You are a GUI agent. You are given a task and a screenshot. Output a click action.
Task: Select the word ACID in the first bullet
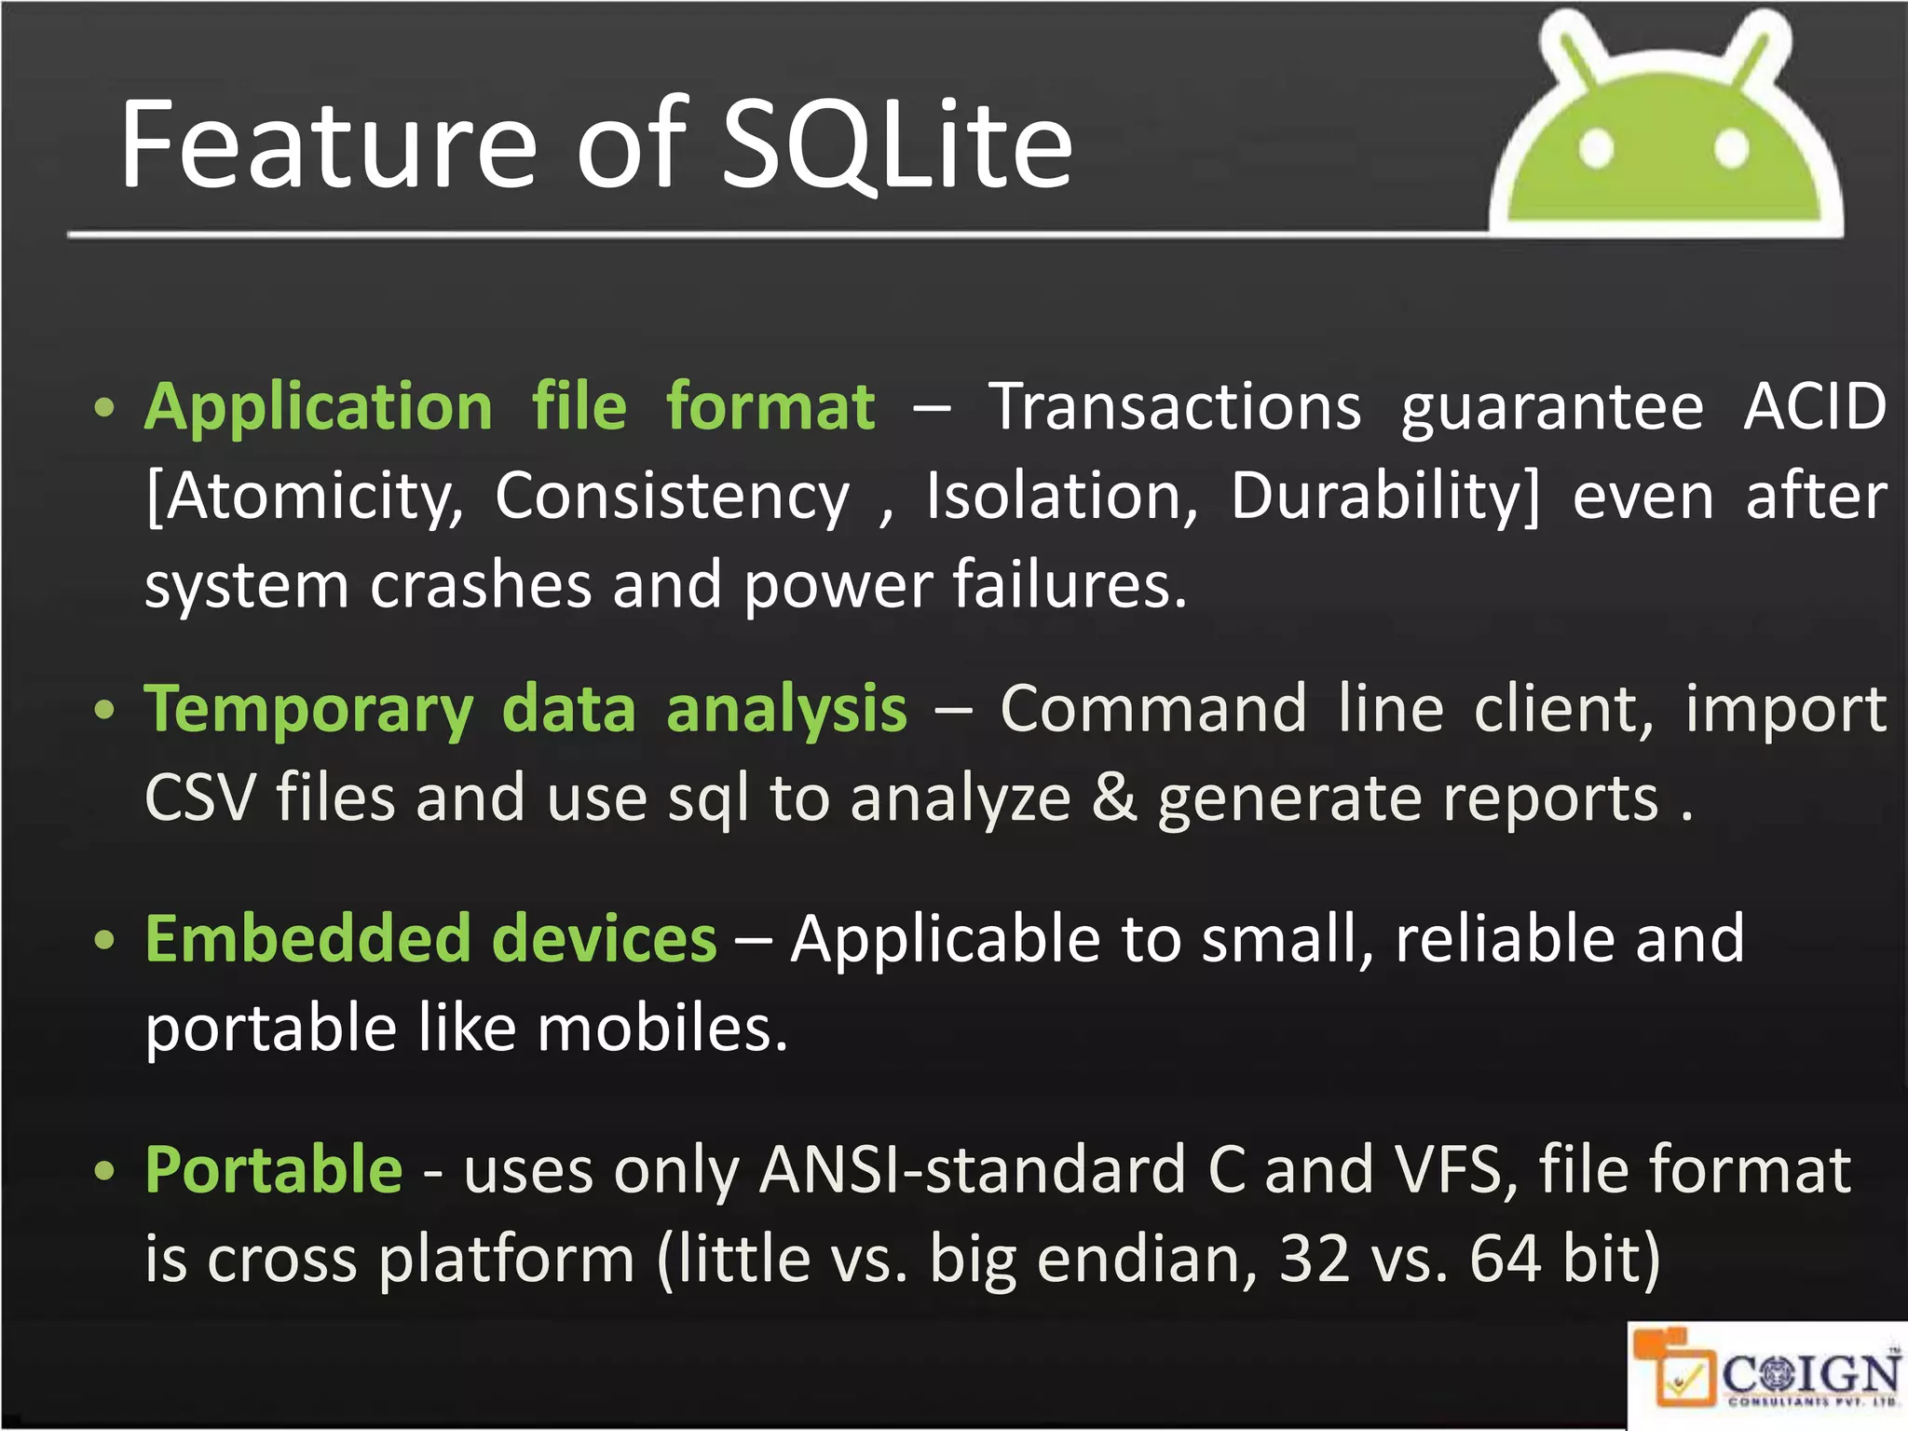[x=1814, y=407]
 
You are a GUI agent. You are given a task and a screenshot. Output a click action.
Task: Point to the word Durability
[x=1384, y=497]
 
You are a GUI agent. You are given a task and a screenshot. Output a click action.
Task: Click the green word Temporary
[x=308, y=711]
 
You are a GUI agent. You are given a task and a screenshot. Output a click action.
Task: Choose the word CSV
[x=199, y=799]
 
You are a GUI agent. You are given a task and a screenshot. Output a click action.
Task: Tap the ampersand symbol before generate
[x=1113, y=799]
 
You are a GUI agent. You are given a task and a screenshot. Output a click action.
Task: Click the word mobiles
[x=662, y=1029]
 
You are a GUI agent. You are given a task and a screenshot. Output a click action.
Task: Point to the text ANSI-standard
[x=973, y=1170]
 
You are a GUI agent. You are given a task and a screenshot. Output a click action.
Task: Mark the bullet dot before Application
[x=104, y=408]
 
